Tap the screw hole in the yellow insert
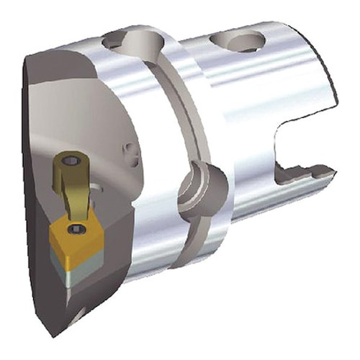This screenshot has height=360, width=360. pos(77,230)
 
